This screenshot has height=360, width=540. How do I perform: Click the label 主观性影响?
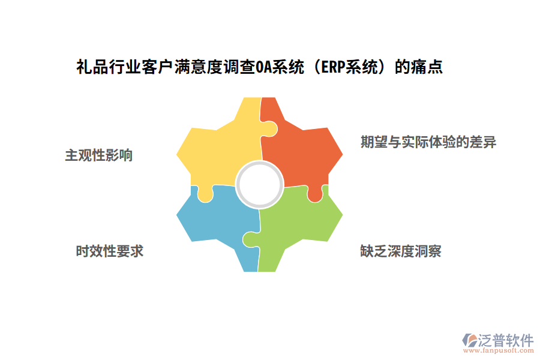tap(99, 155)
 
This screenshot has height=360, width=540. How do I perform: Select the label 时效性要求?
tap(110, 251)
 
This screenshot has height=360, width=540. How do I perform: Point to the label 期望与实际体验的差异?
tap(428, 142)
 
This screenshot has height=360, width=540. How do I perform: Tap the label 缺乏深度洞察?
tap(401, 251)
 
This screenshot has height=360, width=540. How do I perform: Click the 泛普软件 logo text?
tap(505, 340)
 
